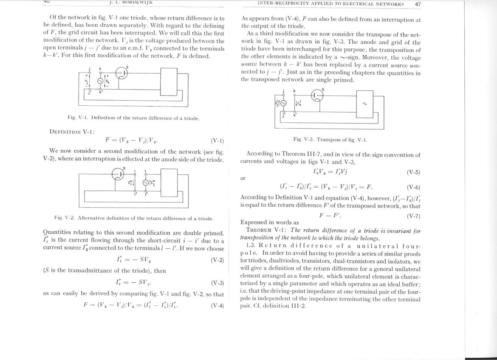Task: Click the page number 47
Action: click(x=417, y=4)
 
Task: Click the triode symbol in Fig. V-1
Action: click(x=121, y=73)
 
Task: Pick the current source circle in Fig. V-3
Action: click(x=283, y=103)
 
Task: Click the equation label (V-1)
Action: click(x=217, y=141)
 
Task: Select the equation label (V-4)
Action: click(x=217, y=305)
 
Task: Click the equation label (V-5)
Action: click(x=413, y=172)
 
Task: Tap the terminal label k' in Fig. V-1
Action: click(x=101, y=91)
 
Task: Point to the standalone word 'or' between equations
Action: click(x=243, y=178)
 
